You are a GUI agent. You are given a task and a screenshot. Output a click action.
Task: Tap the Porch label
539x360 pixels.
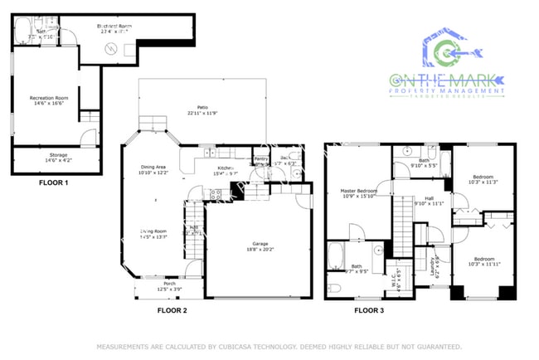point(169,285)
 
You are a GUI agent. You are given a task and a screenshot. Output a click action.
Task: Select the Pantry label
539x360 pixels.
point(260,158)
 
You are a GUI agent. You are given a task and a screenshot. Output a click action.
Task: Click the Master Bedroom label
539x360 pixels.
point(359,192)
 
